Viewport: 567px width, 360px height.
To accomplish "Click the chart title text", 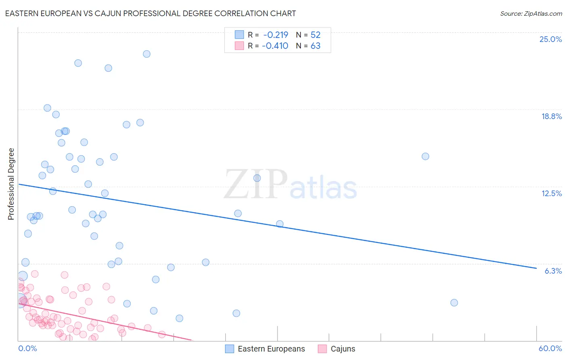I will click(150, 14).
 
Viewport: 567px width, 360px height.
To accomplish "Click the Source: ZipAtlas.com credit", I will click(531, 14).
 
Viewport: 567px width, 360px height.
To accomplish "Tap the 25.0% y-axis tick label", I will click(550, 39).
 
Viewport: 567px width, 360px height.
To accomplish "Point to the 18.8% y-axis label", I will click(551, 116).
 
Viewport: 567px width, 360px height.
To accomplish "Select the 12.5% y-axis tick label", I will click(551, 193).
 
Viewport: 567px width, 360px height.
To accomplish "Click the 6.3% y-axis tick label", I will click(553, 271).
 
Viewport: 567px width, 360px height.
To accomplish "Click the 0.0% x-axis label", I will click(27, 348).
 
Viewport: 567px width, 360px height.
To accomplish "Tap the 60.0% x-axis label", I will click(550, 348).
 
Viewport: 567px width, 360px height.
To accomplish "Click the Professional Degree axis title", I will click(11, 184).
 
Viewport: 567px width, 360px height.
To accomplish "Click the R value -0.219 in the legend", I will click(275, 35).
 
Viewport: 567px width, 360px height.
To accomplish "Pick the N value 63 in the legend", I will click(315, 46).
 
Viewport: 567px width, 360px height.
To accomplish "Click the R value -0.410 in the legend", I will click(275, 46).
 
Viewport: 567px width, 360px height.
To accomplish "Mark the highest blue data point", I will click(147, 54).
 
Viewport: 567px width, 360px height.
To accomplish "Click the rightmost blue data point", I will click(454, 303).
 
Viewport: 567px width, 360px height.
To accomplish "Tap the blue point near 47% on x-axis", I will click(425, 157).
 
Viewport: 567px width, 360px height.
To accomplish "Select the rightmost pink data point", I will click(162, 334).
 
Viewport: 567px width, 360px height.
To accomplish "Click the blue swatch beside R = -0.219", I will click(240, 35).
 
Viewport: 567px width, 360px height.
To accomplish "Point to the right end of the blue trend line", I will click(536, 268).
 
